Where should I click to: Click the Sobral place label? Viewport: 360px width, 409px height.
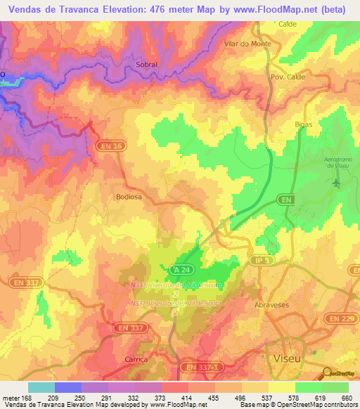point(146,64)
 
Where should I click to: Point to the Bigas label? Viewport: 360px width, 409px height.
point(303,124)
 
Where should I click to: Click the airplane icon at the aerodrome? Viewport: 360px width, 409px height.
point(335,183)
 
